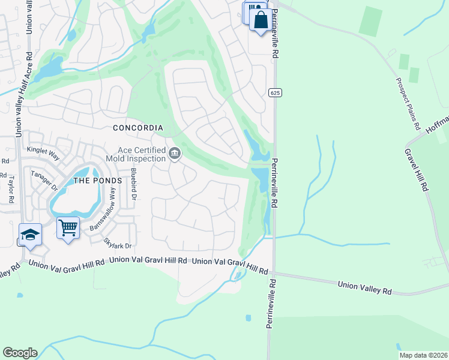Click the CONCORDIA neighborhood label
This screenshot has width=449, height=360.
(x=138, y=128)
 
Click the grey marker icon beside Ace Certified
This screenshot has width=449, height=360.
(x=175, y=154)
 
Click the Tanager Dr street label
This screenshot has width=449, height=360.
(x=46, y=179)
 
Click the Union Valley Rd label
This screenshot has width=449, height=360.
(x=364, y=287)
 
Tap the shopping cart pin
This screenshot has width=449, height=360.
(x=68, y=227)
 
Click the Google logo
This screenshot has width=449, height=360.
(x=20, y=353)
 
